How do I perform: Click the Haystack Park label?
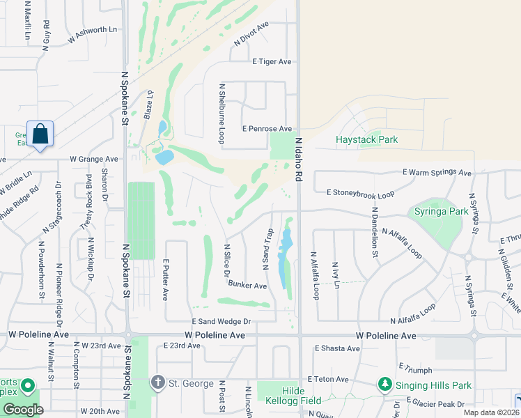(367, 139)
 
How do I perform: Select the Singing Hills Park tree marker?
(384, 385)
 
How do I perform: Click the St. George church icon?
(157, 382)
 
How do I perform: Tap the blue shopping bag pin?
(41, 132)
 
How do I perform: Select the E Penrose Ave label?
(267, 129)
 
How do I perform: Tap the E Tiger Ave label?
(272, 61)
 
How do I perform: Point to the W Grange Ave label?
(93, 158)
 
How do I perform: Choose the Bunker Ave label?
(248, 286)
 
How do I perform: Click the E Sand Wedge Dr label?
(221, 321)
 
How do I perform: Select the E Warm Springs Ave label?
(437, 172)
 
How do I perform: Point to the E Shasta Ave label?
(337, 348)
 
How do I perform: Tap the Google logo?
(22, 410)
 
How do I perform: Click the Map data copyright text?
(490, 412)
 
